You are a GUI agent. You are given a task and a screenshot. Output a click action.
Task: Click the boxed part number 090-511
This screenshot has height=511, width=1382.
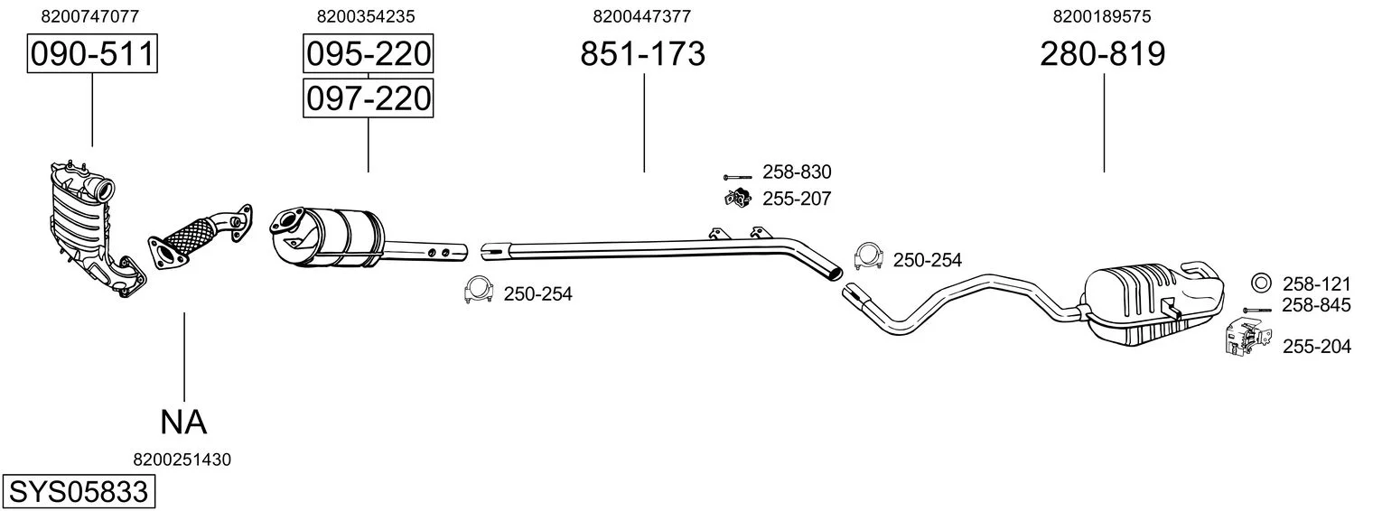point(92,53)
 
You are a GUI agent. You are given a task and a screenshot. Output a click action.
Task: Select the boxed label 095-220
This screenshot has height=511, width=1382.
point(369,53)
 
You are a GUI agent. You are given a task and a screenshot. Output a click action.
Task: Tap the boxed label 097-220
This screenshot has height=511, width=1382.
point(369,98)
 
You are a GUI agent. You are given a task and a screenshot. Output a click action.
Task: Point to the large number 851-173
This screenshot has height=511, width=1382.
point(642,53)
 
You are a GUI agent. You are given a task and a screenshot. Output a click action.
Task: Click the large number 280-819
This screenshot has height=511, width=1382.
point(1103,53)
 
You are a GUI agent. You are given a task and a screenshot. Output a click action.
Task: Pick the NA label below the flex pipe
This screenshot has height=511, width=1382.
point(183,423)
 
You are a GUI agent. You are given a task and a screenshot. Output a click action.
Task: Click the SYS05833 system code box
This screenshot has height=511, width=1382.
point(79,492)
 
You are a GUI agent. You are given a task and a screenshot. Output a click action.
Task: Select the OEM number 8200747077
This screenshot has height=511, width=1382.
point(90,16)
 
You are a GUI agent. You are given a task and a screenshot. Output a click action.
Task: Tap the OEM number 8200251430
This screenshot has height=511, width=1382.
point(182,460)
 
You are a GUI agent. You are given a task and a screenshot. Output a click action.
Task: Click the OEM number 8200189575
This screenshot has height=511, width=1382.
point(1102,16)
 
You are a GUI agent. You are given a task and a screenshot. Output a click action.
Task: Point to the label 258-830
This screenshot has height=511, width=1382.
point(797,172)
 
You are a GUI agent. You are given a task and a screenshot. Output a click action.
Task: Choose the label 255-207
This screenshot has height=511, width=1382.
point(797,199)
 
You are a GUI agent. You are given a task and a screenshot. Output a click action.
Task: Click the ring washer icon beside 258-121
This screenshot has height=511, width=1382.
point(1261,283)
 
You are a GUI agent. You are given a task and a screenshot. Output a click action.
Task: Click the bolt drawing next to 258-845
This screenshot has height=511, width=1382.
point(1257,310)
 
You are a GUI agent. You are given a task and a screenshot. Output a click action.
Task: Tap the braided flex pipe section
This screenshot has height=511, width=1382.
point(191,237)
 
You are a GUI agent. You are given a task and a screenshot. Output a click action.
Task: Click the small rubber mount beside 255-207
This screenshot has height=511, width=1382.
point(736,199)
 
